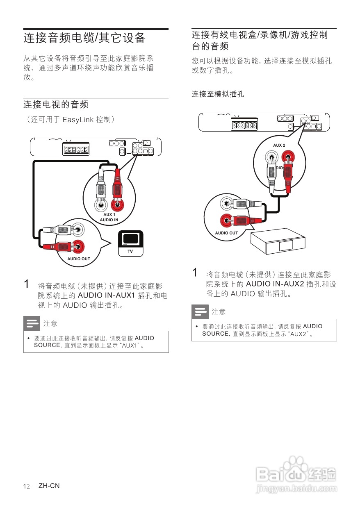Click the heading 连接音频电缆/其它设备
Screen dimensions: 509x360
84,38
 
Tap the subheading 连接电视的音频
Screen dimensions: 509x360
56,105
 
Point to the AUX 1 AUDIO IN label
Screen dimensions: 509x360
109,217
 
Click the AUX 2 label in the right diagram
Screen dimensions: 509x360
279,145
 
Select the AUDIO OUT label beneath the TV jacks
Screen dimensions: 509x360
79,259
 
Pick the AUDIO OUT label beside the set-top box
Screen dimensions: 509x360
226,233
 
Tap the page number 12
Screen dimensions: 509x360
27,486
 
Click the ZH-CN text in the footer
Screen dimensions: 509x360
49,486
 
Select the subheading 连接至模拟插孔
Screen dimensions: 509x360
218,94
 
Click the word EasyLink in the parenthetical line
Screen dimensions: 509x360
78,120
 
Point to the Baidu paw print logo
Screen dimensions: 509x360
296,469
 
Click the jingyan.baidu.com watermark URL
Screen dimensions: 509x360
296,489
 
